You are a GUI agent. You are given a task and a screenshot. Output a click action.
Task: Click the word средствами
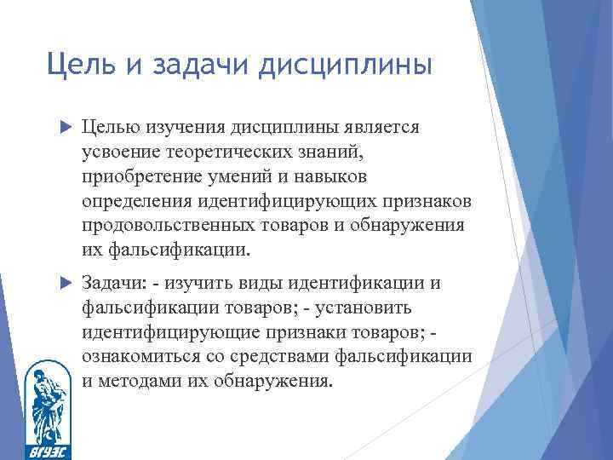pos(300,358)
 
